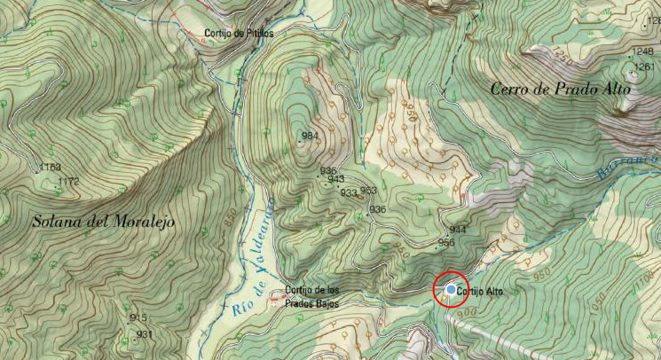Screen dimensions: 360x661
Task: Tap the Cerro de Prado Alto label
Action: tap(561, 89)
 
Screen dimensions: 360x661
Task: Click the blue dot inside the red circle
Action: tap(452, 290)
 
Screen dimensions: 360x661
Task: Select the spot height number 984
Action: tap(310, 136)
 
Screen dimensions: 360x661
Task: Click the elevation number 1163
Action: tap(50, 167)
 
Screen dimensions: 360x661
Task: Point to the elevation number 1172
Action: tap(68, 181)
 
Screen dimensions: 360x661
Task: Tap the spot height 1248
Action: tap(644, 51)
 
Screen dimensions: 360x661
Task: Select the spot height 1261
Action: tap(644, 67)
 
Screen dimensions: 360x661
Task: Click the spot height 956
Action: tap(446, 242)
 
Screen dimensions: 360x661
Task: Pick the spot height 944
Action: tap(458, 229)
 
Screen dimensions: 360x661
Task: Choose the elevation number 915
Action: tap(138, 317)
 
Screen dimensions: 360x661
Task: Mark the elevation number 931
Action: tap(145, 333)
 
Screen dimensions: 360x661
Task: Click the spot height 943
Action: tap(335, 179)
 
